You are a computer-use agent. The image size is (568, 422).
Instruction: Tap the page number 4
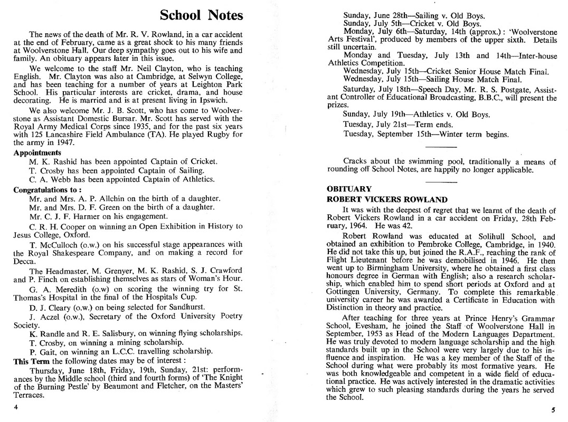[16, 407]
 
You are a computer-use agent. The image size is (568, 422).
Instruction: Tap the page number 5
[552, 410]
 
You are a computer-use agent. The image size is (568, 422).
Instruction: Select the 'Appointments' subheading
[37, 152]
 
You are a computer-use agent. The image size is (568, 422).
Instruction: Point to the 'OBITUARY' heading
[349, 189]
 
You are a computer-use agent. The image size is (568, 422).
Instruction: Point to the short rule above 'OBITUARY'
[440, 181]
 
